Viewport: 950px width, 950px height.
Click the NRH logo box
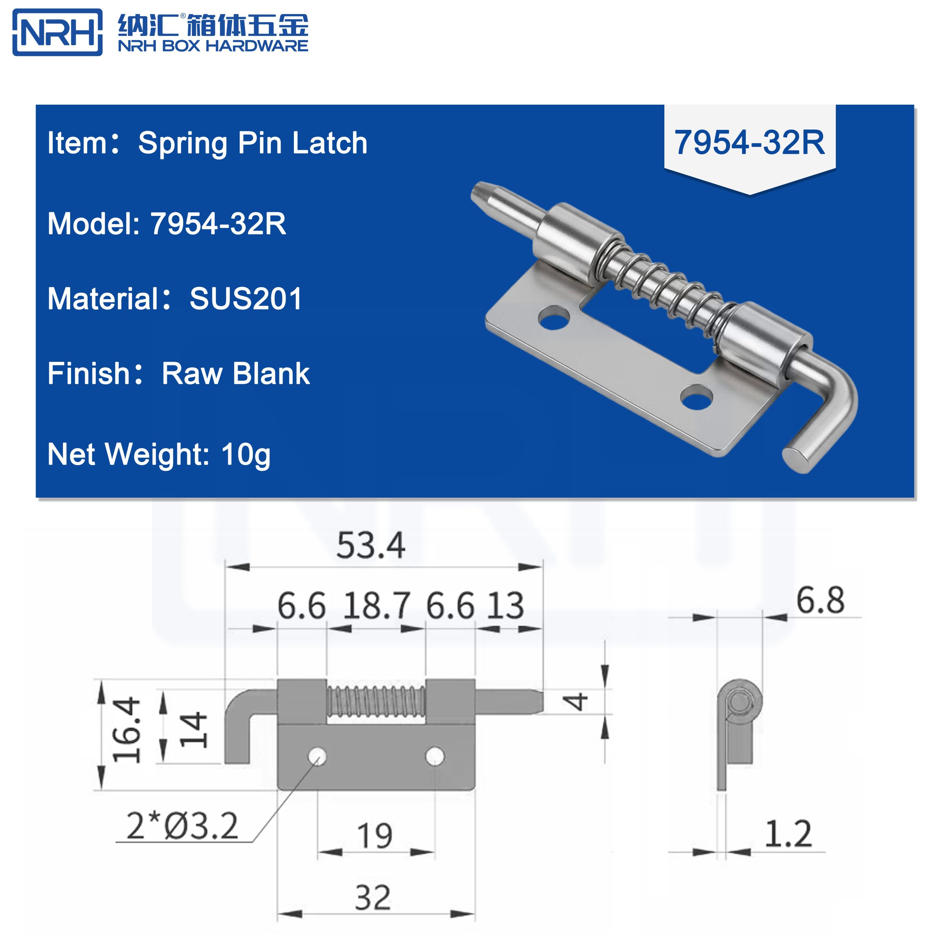[x=57, y=32]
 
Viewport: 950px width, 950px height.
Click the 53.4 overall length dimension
[x=370, y=546]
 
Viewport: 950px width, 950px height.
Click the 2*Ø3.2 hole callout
[x=182, y=826]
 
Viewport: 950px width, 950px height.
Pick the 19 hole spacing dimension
[x=375, y=836]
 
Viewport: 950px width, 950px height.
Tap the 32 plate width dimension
[x=373, y=898]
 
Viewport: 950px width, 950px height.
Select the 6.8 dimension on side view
[x=820, y=601]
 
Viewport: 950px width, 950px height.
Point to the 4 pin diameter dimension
[x=576, y=701]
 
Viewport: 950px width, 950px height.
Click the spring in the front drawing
[x=376, y=701]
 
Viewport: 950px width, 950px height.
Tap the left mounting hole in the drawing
[x=318, y=756]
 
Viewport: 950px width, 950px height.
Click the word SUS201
[x=246, y=299]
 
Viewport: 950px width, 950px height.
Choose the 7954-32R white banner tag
[x=749, y=142]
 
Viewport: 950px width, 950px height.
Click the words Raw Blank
[x=236, y=374]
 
